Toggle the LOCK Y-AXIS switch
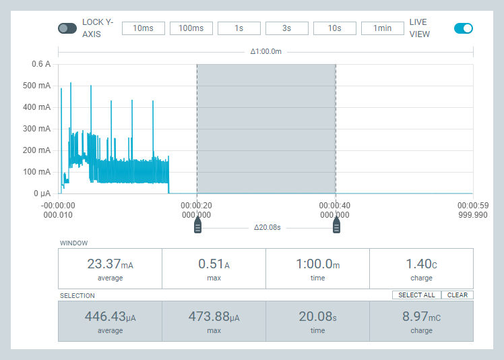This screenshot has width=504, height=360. pyautogui.click(x=67, y=28)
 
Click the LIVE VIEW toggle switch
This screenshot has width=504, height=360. pyautogui.click(x=463, y=28)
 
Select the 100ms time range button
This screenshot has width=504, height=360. pyautogui.click(x=191, y=28)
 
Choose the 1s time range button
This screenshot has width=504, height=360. pyautogui.click(x=239, y=28)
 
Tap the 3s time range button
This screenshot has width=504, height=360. pyautogui.click(x=287, y=28)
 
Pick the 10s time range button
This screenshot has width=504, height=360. pyautogui.click(x=335, y=28)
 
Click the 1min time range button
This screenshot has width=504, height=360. pyautogui.click(x=383, y=28)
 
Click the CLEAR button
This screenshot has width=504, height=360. pyautogui.click(x=458, y=295)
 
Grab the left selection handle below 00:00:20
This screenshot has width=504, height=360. pyautogui.click(x=197, y=225)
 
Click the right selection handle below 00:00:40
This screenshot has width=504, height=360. pyautogui.click(x=336, y=225)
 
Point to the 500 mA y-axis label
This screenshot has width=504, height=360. pyautogui.click(x=36, y=86)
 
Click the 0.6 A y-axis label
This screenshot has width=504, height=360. pyautogui.click(x=41, y=64)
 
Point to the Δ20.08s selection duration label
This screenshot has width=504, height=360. pyautogui.click(x=267, y=227)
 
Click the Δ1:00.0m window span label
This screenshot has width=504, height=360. pyautogui.click(x=266, y=51)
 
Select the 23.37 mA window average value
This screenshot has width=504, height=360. pyautogui.click(x=111, y=264)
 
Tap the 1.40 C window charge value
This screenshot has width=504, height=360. pyautogui.click(x=421, y=264)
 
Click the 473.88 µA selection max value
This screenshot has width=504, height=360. pyautogui.click(x=214, y=317)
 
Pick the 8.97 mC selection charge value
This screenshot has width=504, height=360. pyautogui.click(x=421, y=317)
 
